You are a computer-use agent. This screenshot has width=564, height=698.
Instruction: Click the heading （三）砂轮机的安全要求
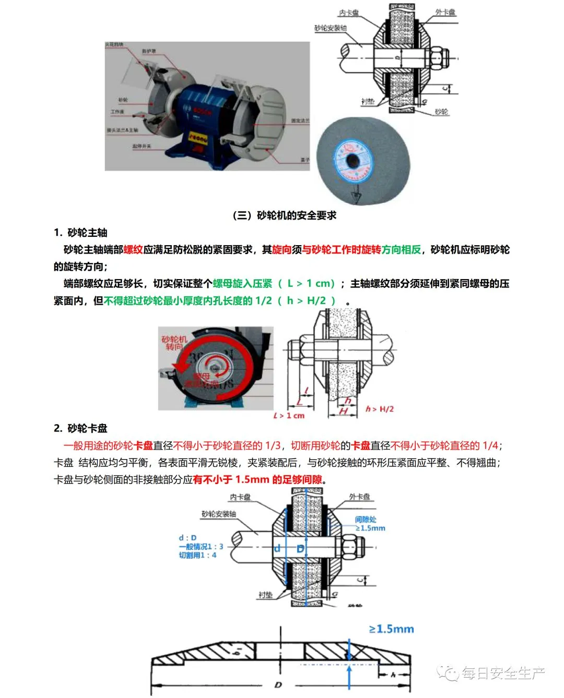click(285, 215)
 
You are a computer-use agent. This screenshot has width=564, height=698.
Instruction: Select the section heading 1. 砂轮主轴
click(80, 233)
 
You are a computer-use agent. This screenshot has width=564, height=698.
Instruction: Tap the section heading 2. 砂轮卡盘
click(80, 428)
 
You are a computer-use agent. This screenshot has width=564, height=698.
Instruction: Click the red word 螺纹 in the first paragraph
click(133, 250)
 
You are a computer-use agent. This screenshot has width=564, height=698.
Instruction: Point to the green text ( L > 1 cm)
click(306, 284)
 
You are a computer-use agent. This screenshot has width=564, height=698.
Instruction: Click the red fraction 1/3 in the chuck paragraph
click(273, 446)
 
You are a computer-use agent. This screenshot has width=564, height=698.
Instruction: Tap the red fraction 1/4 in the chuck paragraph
click(490, 446)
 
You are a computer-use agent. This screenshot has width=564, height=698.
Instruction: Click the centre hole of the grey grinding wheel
click(354, 160)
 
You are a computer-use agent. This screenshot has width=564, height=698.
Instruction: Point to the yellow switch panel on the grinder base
click(198, 138)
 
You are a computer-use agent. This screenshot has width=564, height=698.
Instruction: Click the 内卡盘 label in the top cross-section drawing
click(349, 13)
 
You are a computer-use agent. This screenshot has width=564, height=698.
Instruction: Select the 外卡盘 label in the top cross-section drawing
click(445, 12)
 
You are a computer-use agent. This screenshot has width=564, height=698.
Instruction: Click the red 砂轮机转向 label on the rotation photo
click(174, 343)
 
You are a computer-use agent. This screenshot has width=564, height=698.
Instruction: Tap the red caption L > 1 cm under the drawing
click(289, 416)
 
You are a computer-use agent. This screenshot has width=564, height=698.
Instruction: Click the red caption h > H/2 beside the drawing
click(380, 409)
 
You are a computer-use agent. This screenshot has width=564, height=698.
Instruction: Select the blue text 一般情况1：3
click(201, 546)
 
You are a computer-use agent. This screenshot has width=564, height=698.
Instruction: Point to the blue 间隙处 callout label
click(366, 520)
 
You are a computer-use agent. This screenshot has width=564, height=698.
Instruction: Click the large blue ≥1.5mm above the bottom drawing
click(391, 629)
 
